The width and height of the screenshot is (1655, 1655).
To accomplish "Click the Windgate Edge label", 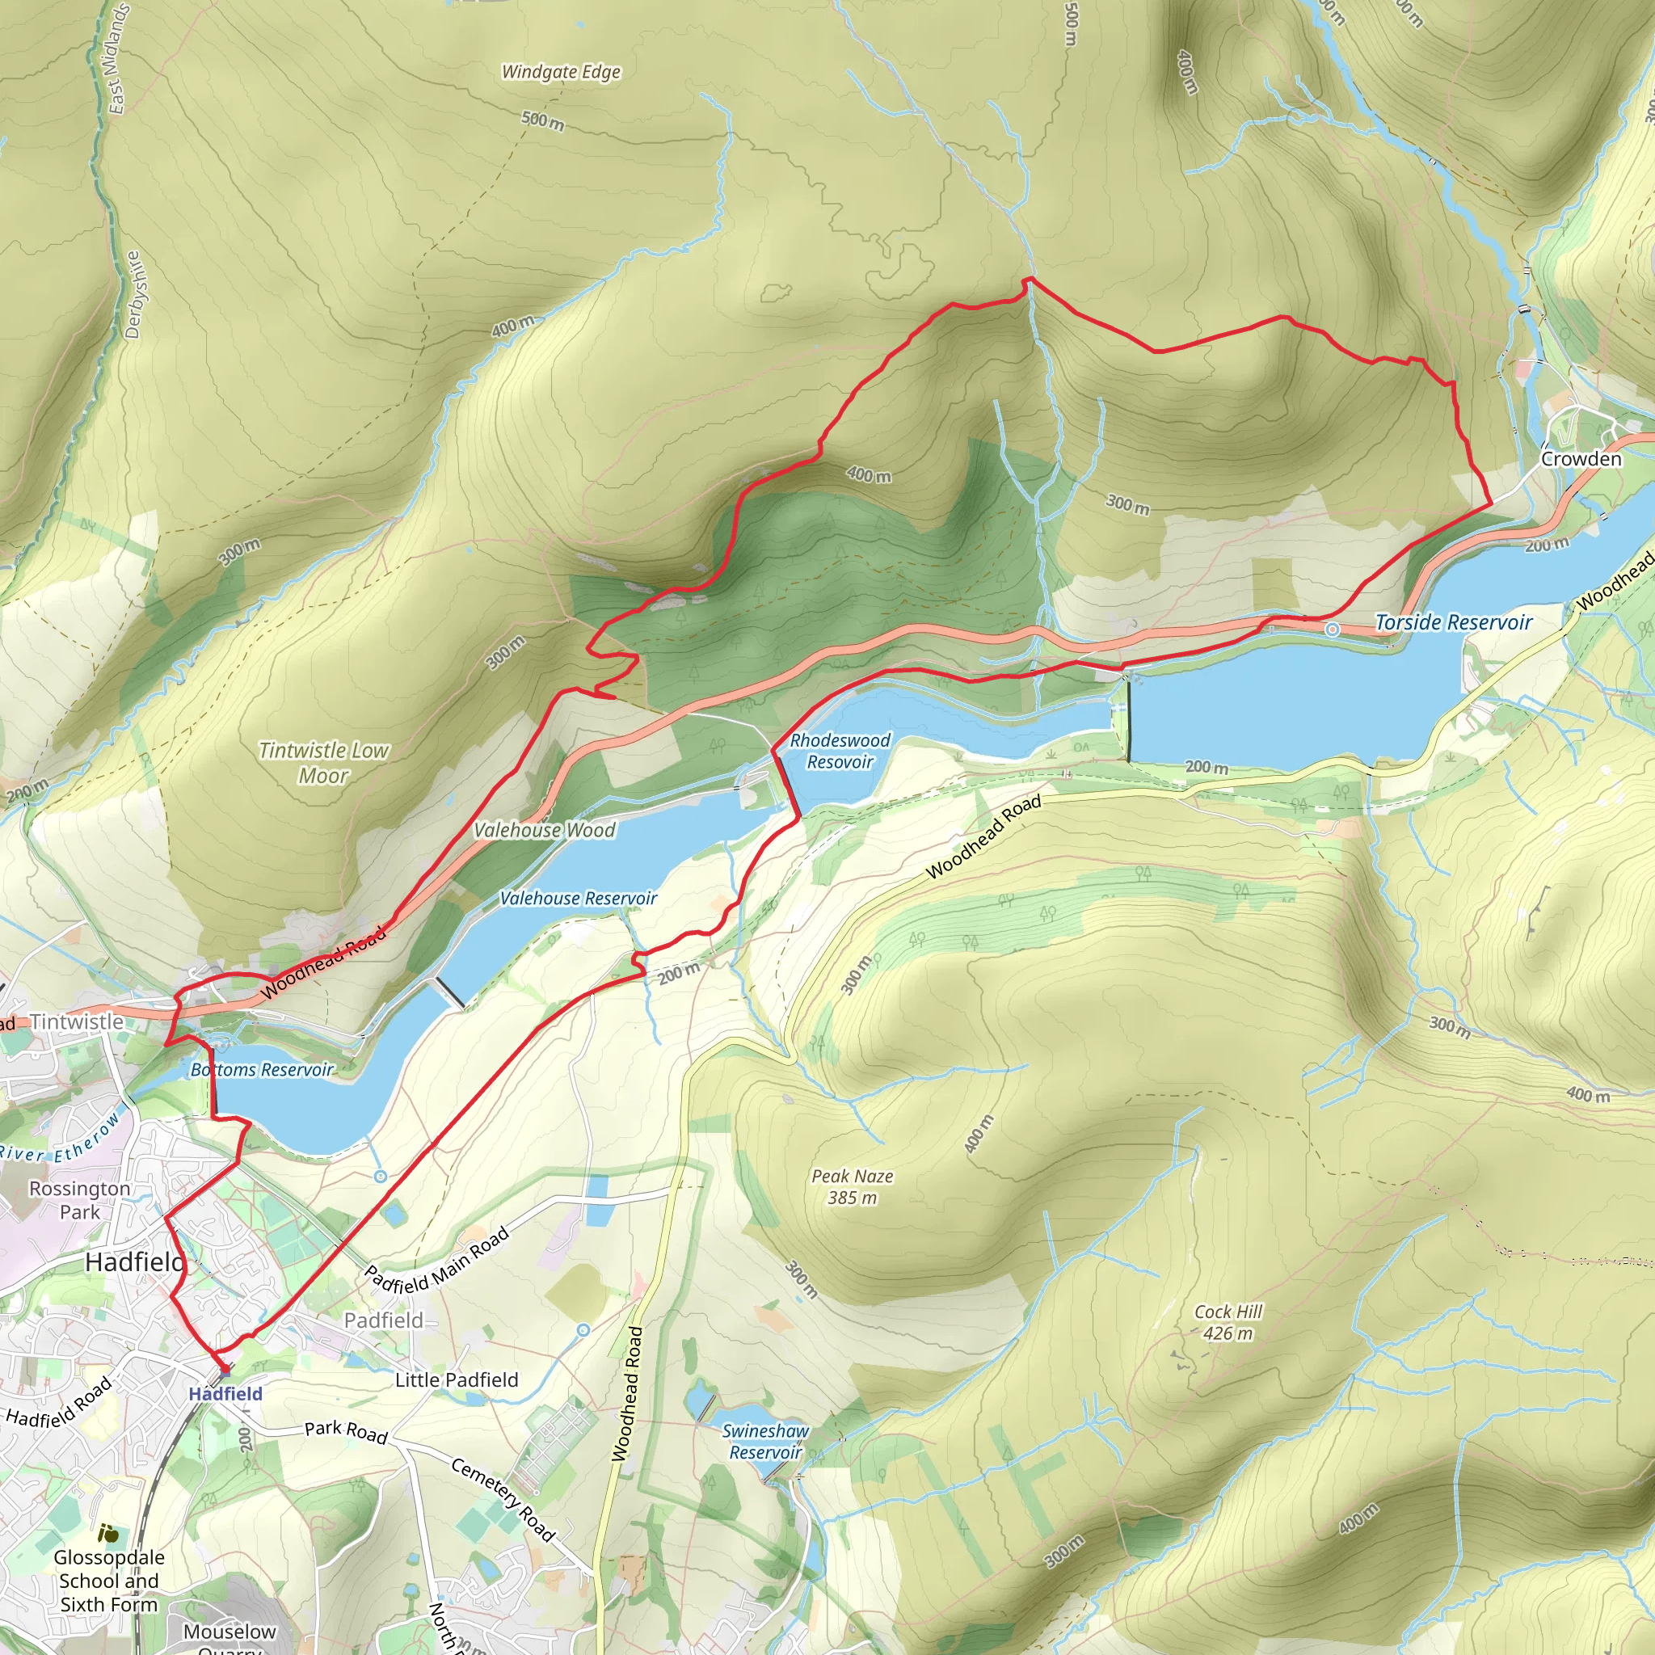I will coord(561,72).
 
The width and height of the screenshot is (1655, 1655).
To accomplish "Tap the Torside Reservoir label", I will coord(1453,623).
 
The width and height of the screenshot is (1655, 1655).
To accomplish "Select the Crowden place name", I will coord(1581,458).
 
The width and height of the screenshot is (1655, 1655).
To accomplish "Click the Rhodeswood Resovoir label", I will coord(840,752).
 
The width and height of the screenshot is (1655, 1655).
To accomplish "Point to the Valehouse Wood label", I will coord(544,830).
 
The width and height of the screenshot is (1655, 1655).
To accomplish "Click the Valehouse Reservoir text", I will coord(579,899).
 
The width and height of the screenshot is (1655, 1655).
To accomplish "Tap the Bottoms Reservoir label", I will coord(261,1070).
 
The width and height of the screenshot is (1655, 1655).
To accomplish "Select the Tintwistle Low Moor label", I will coord(324,762).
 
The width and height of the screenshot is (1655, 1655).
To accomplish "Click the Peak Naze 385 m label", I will coord(853,1186).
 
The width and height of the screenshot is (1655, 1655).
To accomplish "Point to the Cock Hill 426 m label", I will coord(1228,1323).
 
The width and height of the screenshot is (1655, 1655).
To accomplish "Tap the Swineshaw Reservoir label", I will coord(765,1442).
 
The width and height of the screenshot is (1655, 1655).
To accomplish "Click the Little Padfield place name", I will coord(457,1380).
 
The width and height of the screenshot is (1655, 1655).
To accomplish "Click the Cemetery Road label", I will coord(503,1499).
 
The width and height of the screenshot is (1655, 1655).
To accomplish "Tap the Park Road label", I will coord(346,1431).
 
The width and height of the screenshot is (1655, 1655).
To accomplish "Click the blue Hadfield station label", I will coord(225,1394).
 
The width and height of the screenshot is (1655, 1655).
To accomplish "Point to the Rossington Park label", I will coord(80,1200).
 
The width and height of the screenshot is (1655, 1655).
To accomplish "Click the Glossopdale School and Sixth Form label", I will coord(109,1581).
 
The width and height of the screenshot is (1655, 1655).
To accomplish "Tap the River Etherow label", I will coord(60,1139).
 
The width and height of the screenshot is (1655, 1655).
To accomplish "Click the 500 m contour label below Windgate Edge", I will coord(543,120).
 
